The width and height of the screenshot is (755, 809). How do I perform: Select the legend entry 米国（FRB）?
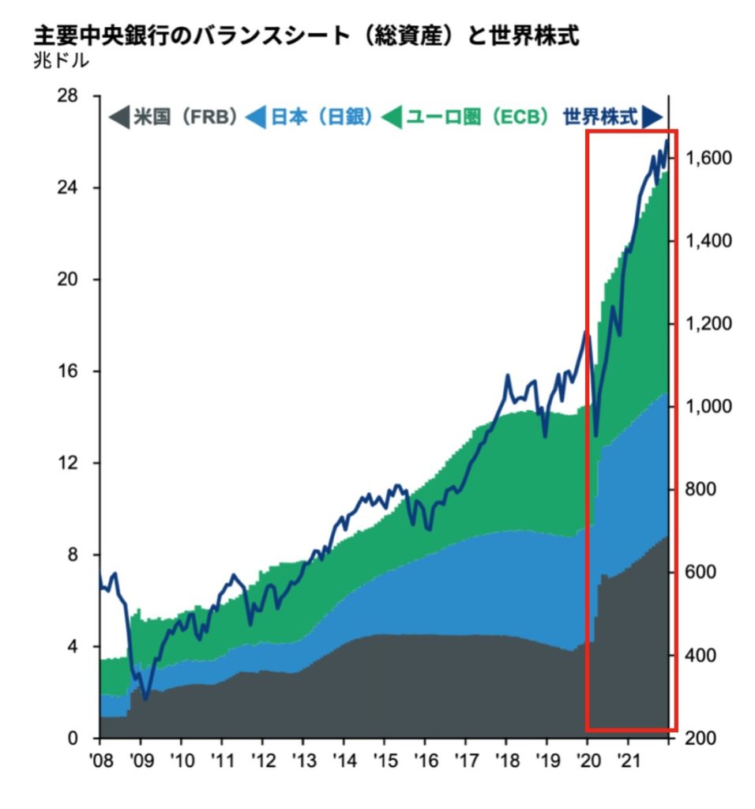pyautogui.click(x=186, y=118)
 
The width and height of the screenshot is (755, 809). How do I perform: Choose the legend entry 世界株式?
pyautogui.click(x=599, y=118)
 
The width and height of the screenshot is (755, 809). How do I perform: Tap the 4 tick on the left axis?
pyautogui.click(x=78, y=647)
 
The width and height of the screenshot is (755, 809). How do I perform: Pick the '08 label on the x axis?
pyautogui.click(x=100, y=762)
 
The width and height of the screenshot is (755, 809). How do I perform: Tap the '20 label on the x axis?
pyautogui.click(x=587, y=762)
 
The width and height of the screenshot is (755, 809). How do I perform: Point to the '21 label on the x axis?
pyautogui.click(x=627, y=762)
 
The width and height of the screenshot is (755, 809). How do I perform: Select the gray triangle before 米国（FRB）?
pyautogui.click(x=118, y=119)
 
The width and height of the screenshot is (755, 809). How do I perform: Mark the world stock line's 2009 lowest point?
pyautogui.click(x=145, y=698)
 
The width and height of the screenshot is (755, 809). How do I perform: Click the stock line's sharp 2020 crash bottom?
pyautogui.click(x=596, y=435)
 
